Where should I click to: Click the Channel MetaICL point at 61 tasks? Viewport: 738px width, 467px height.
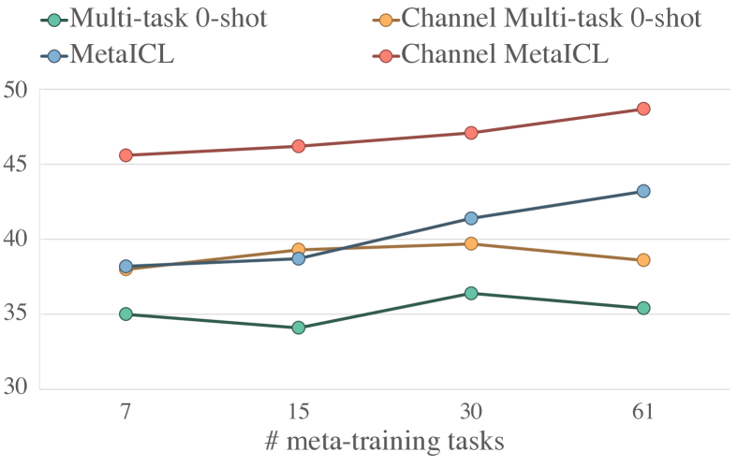coord(643,109)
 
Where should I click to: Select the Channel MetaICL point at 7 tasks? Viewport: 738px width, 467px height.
coord(125,155)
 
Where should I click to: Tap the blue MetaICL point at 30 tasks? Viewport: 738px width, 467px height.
coord(471,218)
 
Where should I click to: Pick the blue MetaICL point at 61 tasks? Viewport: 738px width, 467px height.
coord(643,191)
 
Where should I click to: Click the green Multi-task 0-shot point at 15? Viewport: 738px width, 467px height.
coord(298,328)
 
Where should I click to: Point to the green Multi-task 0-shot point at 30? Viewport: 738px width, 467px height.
coord(471,293)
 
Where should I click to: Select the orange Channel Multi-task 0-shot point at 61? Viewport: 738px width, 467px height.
coord(643,260)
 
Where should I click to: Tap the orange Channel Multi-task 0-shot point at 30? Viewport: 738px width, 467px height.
coord(471,243)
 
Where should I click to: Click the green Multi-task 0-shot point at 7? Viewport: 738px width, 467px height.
coord(125,314)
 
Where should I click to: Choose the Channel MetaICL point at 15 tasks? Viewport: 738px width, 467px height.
coord(298,146)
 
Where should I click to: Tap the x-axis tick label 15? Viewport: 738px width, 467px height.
coord(298,413)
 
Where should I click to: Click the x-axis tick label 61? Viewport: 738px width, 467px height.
coord(643,413)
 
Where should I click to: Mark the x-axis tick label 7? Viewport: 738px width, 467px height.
coord(125,413)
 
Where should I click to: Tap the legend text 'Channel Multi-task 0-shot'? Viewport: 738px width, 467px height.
coord(552,19)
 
